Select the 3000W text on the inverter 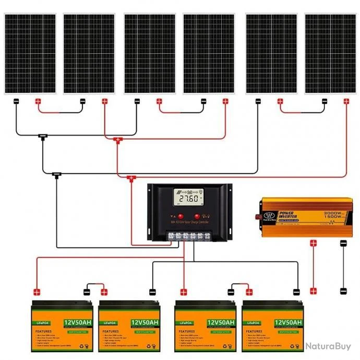pos(333,213)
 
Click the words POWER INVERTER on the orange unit pos(289,215)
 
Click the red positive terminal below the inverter pos(314,243)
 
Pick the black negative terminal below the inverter pos(343,243)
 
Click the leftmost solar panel pos(30,54)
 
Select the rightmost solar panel pos(330,54)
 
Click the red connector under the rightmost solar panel pos(346,101)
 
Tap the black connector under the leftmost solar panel pos(16,101)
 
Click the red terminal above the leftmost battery pos(37,292)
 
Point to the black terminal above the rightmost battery pos(296,292)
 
